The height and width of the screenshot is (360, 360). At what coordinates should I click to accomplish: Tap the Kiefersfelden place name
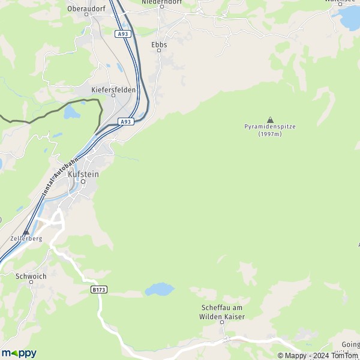[x=113, y=89]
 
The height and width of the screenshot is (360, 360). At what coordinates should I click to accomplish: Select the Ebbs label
[x=159, y=44]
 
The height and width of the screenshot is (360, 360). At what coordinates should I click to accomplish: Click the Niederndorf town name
[x=161, y=2]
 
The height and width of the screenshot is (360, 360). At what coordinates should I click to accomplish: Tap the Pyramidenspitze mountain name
[x=270, y=127]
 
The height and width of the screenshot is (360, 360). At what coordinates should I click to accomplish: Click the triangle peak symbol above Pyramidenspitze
[x=270, y=119]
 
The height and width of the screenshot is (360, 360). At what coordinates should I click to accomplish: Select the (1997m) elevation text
[x=270, y=134]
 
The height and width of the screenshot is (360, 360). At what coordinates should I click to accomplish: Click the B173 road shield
[x=99, y=289]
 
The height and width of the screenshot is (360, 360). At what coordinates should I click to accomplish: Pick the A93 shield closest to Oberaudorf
[x=123, y=34]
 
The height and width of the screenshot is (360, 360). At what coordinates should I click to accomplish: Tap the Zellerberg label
[x=26, y=238]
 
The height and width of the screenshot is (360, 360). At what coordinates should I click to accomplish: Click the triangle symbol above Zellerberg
[x=26, y=232]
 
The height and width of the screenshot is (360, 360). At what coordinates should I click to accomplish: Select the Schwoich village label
[x=31, y=277]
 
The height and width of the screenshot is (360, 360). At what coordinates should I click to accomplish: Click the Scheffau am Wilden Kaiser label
[x=222, y=311]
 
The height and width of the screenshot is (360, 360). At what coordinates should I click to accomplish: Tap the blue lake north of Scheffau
[x=158, y=290]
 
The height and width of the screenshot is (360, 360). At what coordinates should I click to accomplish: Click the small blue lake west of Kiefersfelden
[x=71, y=112]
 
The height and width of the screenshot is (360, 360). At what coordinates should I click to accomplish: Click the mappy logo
[x=19, y=353]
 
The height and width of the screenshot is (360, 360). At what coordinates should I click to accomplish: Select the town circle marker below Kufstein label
[x=83, y=181]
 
